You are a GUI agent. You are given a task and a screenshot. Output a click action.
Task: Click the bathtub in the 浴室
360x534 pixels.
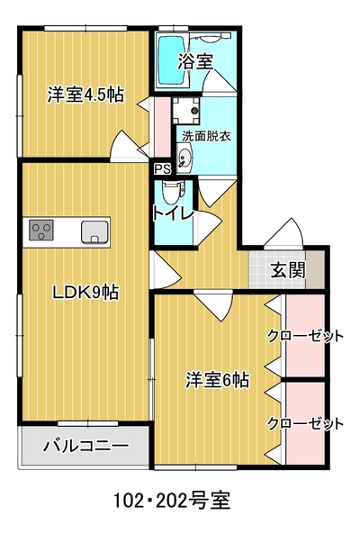click(172, 60)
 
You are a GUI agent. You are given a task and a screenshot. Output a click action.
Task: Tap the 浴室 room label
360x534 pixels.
click(195, 61)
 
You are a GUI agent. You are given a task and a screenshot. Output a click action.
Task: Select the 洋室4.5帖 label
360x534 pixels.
click(85, 95)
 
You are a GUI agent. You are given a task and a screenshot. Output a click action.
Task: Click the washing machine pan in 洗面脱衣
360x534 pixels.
click(185, 111)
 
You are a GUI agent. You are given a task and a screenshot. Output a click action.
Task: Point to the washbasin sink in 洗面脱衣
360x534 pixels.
click(185, 158)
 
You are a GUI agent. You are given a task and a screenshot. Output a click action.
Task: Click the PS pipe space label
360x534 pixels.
click(163, 169)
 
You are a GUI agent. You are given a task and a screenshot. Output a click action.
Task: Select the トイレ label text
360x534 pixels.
click(173, 214)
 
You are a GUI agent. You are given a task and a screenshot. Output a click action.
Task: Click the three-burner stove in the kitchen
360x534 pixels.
click(41, 230)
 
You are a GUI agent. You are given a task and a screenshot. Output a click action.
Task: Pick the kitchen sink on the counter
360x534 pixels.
click(94, 232)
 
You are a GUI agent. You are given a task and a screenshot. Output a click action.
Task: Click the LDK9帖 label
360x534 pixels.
click(85, 292)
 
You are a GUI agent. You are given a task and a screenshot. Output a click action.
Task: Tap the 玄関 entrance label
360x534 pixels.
click(288, 271)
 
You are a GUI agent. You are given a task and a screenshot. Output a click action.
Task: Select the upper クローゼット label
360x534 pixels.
click(305, 337)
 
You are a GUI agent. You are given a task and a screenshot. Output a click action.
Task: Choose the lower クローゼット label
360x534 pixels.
click(305, 424)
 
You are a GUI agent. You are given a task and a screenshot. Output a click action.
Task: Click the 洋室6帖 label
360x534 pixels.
click(217, 380)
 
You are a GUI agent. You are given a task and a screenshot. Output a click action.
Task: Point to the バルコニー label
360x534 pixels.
click(86, 446)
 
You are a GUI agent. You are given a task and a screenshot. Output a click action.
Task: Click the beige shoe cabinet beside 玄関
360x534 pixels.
click(315, 270)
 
